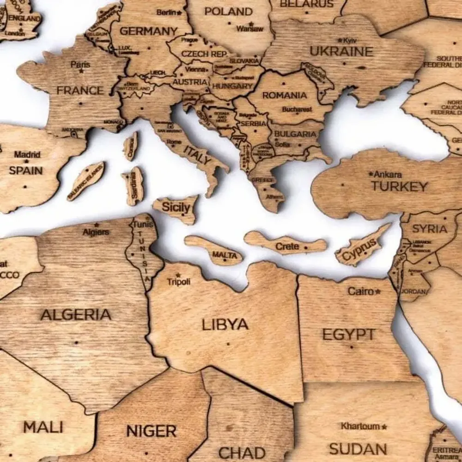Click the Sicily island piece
[176, 208]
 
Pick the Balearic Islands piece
[86, 181]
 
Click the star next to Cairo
[378, 292]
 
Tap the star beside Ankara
[371, 174]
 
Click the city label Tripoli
[178, 281]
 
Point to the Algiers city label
[96, 232]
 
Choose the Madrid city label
[27, 154]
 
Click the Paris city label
[80, 65]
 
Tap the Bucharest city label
[297, 110]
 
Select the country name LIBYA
[225, 324]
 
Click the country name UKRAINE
[341, 51]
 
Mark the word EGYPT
[349, 334]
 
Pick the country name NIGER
[152, 432]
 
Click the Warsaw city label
[249, 29]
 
